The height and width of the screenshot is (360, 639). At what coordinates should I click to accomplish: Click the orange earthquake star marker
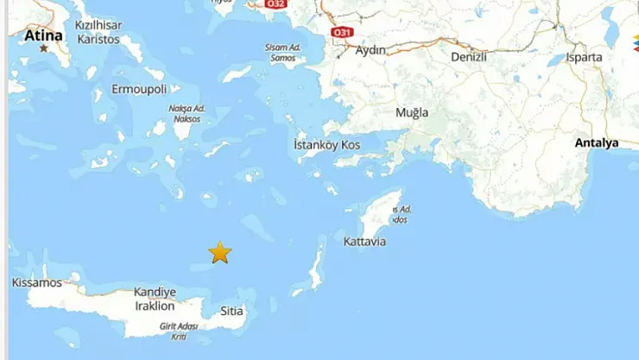220,252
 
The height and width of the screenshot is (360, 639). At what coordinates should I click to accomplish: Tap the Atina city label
43,35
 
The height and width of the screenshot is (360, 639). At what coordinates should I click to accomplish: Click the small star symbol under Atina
44,48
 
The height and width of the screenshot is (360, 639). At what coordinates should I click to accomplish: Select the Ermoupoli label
138,89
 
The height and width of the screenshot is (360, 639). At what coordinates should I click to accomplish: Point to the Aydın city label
370,50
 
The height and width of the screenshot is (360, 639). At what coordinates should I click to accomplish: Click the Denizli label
469,57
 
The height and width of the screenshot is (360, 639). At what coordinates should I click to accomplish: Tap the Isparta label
585,57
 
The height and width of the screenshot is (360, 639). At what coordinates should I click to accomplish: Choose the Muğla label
412,112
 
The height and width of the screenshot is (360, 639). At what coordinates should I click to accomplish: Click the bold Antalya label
597,142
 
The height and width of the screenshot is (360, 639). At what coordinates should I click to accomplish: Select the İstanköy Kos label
327,144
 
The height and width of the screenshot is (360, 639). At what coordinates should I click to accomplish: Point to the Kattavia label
364,241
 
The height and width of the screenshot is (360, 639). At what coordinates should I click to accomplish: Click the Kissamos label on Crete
37,282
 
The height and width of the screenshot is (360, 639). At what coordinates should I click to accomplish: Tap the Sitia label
231,311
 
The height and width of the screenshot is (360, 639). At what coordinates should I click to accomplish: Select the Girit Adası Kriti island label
179,331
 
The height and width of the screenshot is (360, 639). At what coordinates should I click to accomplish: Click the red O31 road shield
342,32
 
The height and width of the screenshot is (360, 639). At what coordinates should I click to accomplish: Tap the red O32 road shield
275,4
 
